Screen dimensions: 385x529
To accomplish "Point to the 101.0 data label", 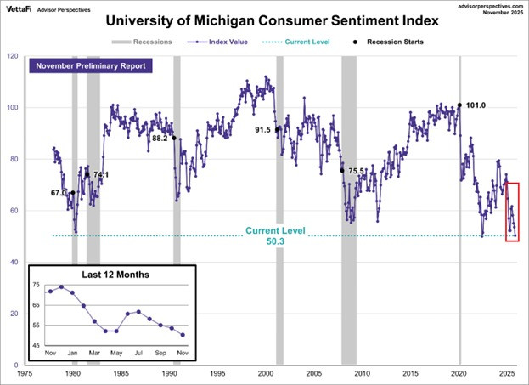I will pos(476,106).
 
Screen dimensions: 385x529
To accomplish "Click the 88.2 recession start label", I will pos(159,138).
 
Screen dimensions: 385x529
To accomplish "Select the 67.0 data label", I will pos(59,193).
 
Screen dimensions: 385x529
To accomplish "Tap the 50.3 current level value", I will pos(276,241).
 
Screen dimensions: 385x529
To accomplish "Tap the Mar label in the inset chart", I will pos(94,352).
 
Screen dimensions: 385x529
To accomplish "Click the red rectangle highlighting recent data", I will pos(512,212).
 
